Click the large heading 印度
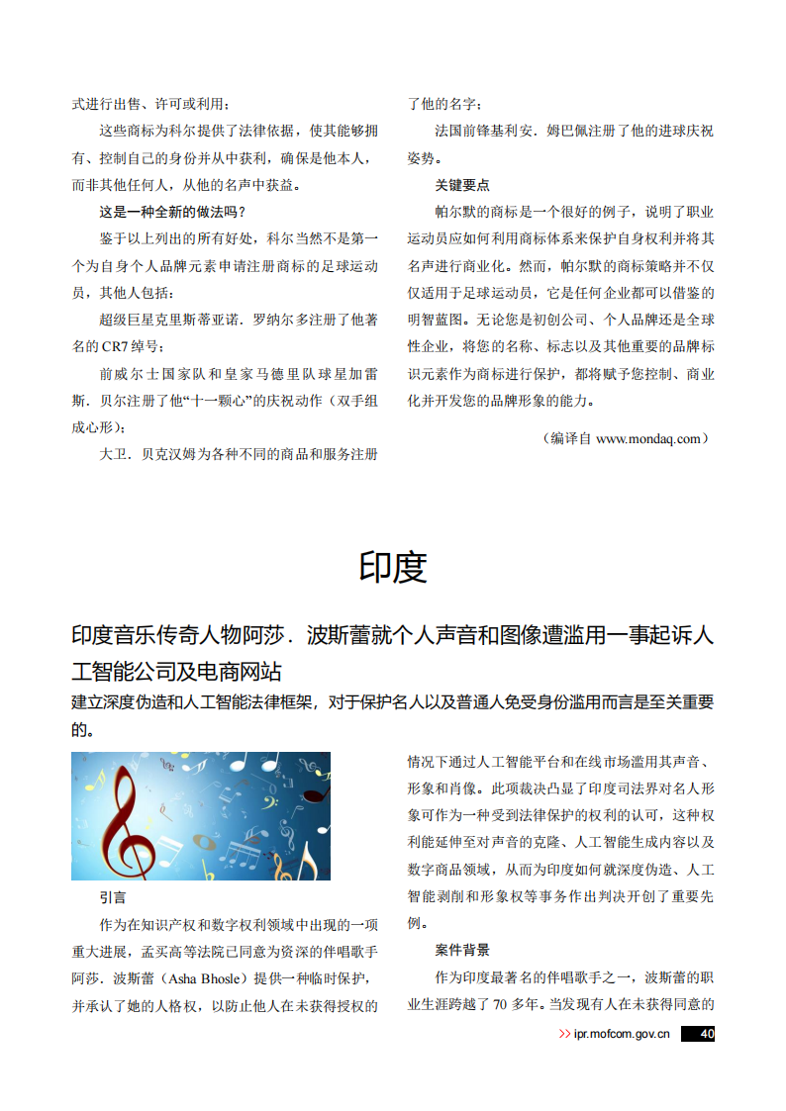click(x=393, y=566)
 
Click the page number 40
click(x=706, y=1034)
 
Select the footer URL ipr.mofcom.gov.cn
click(x=623, y=1034)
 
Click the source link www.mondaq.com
click(x=647, y=438)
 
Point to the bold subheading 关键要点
click(x=462, y=185)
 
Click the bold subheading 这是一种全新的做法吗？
click(x=172, y=212)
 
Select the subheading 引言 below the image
click(x=113, y=898)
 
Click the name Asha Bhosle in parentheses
click(x=206, y=979)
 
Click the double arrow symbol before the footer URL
click(x=565, y=1034)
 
